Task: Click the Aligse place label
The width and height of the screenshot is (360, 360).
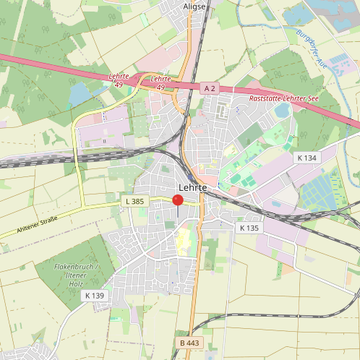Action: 194,6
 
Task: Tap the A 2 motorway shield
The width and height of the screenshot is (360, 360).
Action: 210,87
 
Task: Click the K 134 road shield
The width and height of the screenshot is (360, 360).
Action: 307,158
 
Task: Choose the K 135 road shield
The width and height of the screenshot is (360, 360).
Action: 249,228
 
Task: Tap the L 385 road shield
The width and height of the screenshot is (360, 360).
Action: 135,200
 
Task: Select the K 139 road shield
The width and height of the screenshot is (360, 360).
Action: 95,295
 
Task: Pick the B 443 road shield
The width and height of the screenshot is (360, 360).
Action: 188,342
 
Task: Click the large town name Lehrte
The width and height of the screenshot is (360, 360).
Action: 192,187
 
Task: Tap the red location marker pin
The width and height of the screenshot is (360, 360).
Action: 178,201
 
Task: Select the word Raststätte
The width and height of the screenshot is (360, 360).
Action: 265,97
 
